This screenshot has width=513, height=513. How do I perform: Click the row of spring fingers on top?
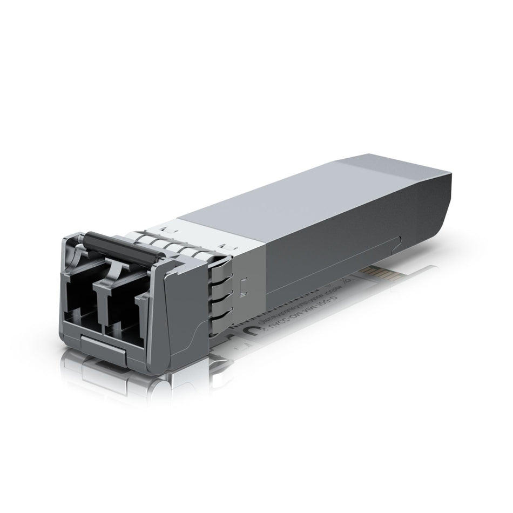click(178, 243)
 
